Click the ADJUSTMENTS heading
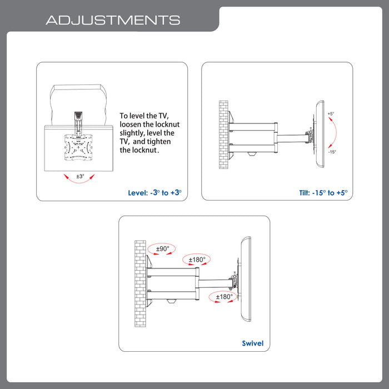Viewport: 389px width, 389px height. (x=113, y=21)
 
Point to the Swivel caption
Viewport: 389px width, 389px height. (x=252, y=343)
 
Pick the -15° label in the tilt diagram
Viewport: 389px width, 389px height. (x=331, y=152)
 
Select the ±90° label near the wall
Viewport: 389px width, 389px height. (x=162, y=248)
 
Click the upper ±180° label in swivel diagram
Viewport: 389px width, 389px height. (x=197, y=260)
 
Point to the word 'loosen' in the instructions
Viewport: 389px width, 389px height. (x=133, y=124)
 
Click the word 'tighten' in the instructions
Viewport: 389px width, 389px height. (x=158, y=142)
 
